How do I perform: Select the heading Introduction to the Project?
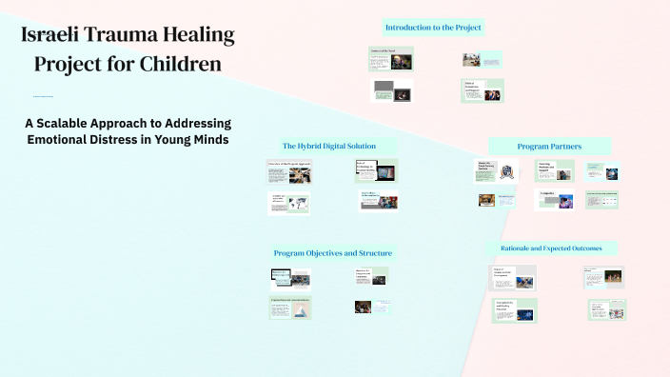click(x=433, y=28)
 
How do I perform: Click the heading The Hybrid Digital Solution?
click(x=328, y=146)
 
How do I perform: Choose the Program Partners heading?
click(x=549, y=147)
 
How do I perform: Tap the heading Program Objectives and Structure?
click(x=332, y=253)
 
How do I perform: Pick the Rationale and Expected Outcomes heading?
click(x=551, y=248)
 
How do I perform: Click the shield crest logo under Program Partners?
click(x=508, y=172)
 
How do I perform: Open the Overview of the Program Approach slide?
click(x=290, y=171)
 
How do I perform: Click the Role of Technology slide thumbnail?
click(x=376, y=171)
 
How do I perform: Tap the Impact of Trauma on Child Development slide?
click(x=513, y=278)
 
